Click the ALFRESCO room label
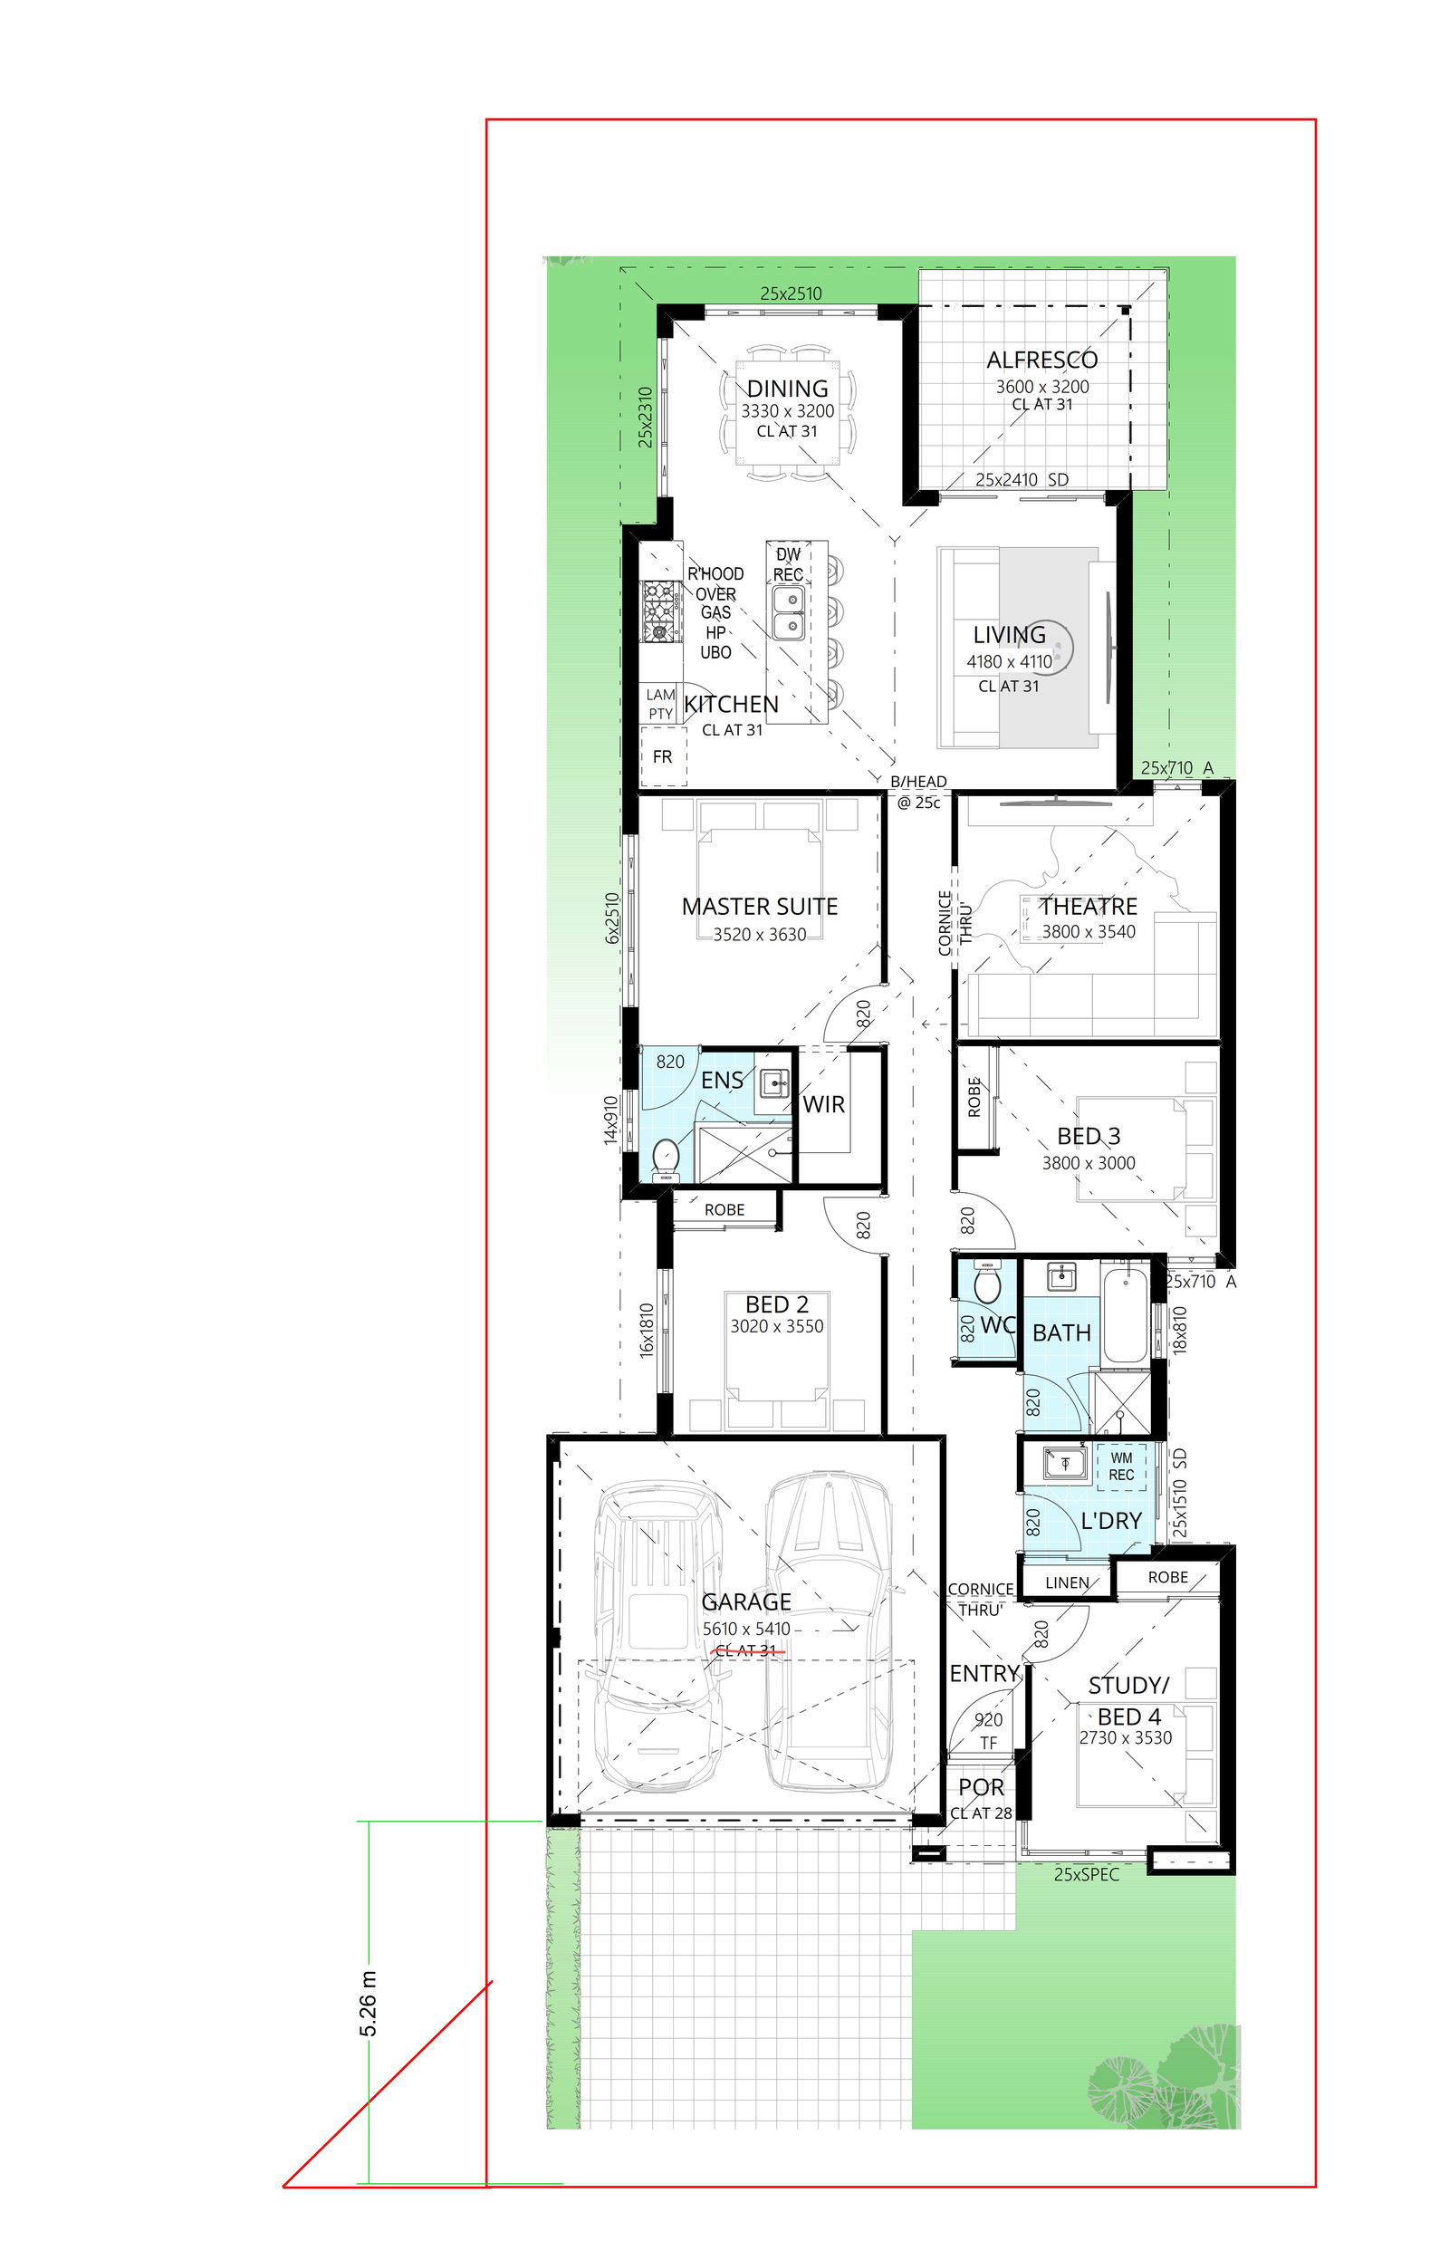(1041, 360)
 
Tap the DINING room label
(788, 389)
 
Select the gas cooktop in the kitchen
(661, 611)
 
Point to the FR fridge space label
(662, 756)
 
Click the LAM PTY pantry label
(660, 704)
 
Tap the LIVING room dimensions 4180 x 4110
(1010, 661)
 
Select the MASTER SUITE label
(759, 906)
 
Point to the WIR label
(823, 1104)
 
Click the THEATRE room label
(1089, 906)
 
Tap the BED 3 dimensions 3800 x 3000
(1089, 1163)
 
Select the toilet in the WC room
(987, 1282)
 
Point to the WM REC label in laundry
(1120, 1466)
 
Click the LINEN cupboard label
(1067, 1582)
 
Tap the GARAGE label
(746, 1601)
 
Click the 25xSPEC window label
(1086, 1874)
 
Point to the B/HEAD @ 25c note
(918, 792)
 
